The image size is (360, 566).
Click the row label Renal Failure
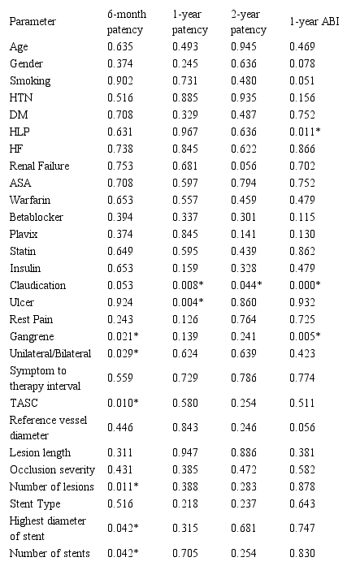[40, 166]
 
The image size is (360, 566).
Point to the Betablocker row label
[37, 218]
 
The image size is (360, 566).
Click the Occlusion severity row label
[52, 469]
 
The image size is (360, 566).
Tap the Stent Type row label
[33, 503]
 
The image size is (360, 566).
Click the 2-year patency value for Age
[241, 46]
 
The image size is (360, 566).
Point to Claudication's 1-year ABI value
[306, 285]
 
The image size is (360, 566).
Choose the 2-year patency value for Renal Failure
[241, 166]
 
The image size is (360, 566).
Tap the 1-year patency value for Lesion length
[184, 452]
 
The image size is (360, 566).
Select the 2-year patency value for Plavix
[241, 234]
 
